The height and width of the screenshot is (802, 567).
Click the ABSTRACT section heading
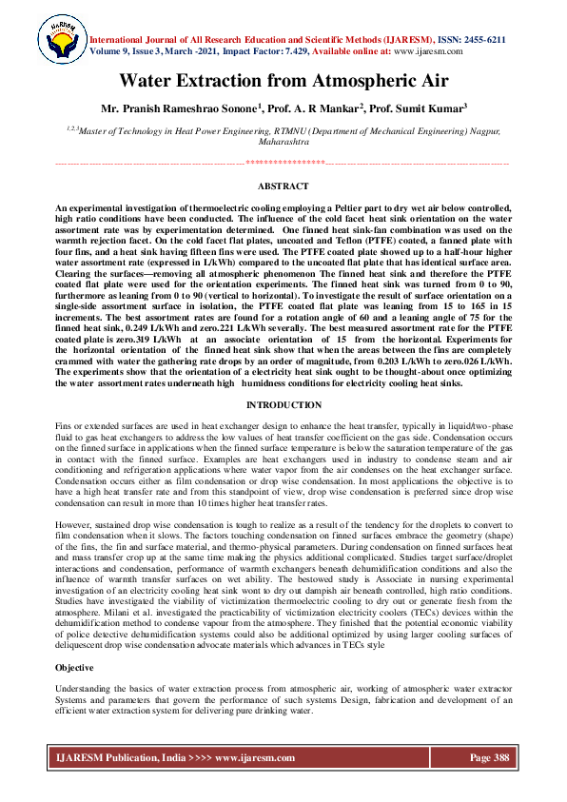point(283,186)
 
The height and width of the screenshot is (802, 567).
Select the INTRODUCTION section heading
point(283,405)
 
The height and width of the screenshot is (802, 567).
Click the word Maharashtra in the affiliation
point(283,140)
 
